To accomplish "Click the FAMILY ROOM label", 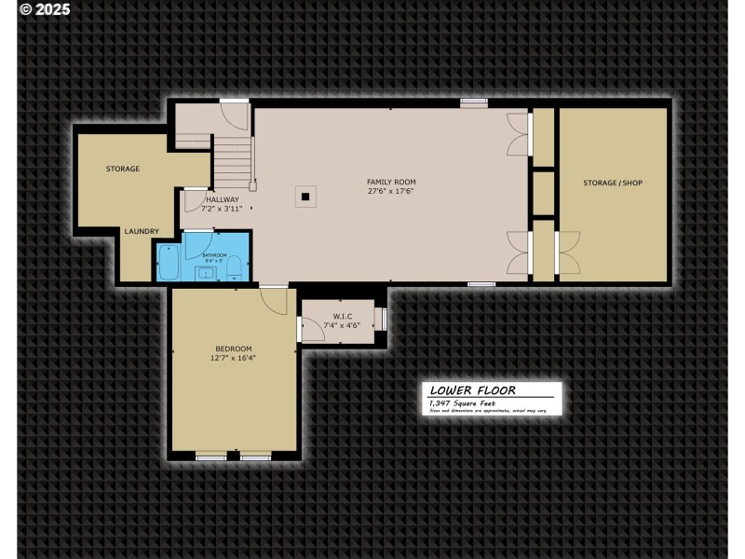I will [x=391, y=182].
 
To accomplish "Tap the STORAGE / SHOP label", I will [x=613, y=183].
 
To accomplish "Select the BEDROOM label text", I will [x=233, y=348].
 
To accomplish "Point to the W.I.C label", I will [x=340, y=317].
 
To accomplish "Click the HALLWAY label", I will [x=223, y=199].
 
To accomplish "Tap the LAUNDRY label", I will [x=142, y=231].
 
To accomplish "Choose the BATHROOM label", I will [x=215, y=254].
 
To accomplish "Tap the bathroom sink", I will [x=207, y=273].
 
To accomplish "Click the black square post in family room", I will [x=305, y=197].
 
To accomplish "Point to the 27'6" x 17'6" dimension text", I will [x=391, y=191].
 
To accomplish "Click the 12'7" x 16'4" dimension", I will [x=233, y=357].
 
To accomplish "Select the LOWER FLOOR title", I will [x=472, y=390].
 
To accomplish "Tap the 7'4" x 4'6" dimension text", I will [x=340, y=325].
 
